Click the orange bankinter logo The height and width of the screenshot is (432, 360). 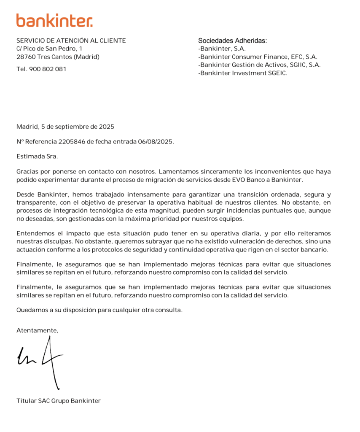pos(54,20)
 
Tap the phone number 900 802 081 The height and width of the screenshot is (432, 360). pos(48,69)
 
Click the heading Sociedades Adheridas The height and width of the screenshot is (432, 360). pos(233,41)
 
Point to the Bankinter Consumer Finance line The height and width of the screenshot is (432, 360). pos(258,57)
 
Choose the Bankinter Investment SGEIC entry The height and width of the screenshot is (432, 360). pos(242,73)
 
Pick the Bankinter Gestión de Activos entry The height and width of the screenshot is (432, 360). pos(259,65)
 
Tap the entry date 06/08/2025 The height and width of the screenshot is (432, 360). pos(156,142)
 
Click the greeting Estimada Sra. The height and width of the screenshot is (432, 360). pos(37,157)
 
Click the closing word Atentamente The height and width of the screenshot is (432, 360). pos(37,331)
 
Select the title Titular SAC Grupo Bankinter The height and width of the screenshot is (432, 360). pos(59,401)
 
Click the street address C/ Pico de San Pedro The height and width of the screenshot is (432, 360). pos(49,49)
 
